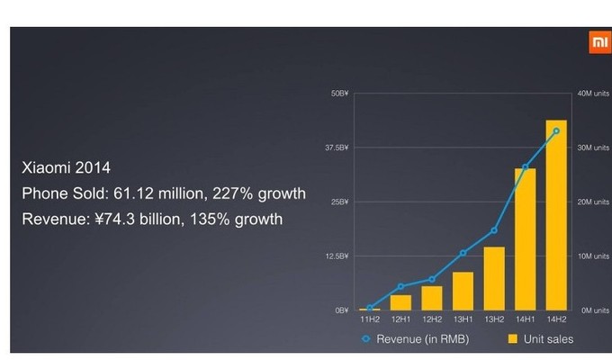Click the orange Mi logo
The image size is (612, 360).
coord(600,42)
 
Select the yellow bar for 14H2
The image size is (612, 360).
coord(556,215)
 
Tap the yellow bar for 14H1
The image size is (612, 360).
coord(525,239)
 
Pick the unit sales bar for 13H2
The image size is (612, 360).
coord(494,278)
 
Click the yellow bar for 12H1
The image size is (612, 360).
coord(400,302)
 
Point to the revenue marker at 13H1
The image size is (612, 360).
coord(463,253)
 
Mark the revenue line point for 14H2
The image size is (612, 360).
coord(556,131)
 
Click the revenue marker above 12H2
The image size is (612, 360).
coord(432,279)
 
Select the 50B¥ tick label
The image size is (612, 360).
coord(339,94)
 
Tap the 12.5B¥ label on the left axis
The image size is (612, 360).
coord(337,256)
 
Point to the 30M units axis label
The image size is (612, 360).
coord(593,148)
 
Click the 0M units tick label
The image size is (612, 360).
coord(595,310)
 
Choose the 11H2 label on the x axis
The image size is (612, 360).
coord(370,319)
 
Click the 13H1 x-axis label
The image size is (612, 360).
coord(463,319)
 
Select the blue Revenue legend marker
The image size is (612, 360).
coord(365,338)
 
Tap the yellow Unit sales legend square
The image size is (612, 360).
coord(513,338)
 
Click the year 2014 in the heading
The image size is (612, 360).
coord(93,168)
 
